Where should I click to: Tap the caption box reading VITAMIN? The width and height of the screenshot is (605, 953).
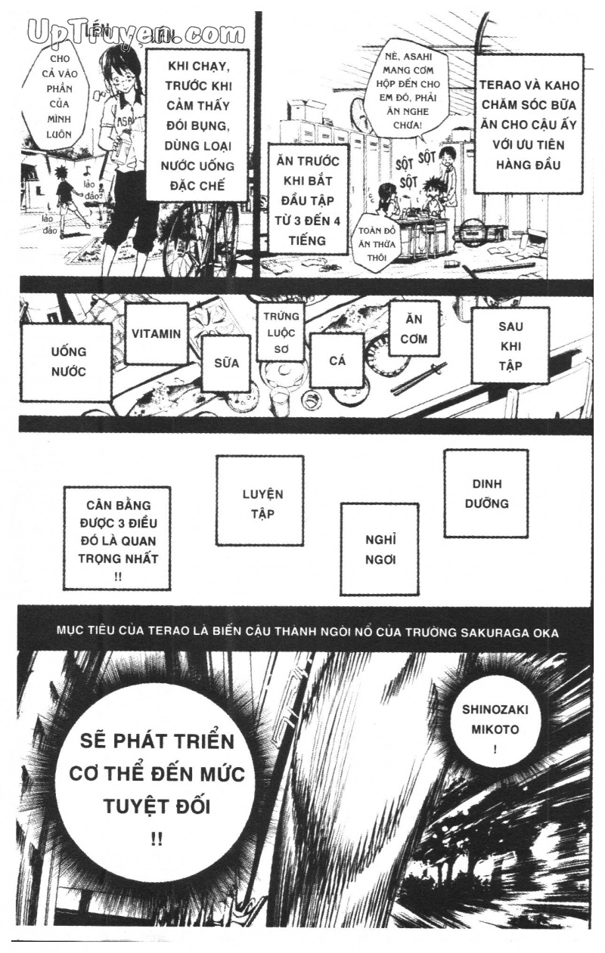click(157, 333)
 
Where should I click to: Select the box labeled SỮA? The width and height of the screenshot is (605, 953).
click(226, 363)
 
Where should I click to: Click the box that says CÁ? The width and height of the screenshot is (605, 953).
click(337, 360)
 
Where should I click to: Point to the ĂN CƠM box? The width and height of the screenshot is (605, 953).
click(414, 329)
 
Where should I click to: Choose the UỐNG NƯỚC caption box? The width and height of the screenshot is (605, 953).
click(68, 361)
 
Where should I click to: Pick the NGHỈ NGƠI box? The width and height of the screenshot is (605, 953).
click(380, 549)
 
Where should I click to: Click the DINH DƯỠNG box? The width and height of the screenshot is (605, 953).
click(486, 494)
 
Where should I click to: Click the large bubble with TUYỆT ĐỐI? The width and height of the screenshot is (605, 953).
click(157, 786)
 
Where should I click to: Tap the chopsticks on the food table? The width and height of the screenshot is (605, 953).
click(420, 378)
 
